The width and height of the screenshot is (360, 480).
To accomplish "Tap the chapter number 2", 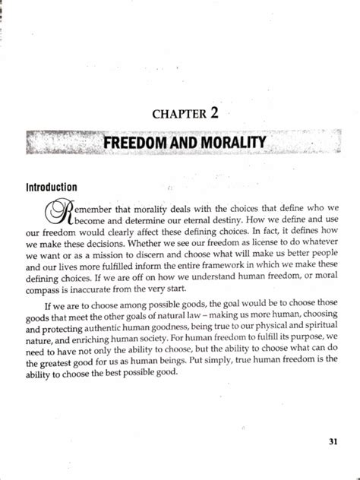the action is (215, 113).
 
